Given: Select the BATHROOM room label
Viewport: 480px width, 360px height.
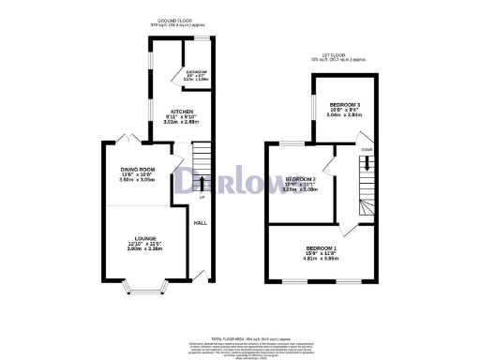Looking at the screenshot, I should (x=196, y=72).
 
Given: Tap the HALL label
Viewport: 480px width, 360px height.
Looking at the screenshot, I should (x=200, y=223).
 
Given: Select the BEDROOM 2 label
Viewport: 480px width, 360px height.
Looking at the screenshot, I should (x=301, y=178).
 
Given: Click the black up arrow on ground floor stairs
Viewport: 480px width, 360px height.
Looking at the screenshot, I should (x=201, y=183).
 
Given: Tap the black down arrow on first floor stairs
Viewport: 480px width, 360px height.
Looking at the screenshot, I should (x=366, y=160).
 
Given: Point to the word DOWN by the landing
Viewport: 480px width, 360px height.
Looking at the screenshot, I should (x=366, y=148).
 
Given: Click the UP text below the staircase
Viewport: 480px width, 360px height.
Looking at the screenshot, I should (x=201, y=198).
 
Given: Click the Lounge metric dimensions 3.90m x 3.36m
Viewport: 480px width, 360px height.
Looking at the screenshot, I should (x=144, y=249).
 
